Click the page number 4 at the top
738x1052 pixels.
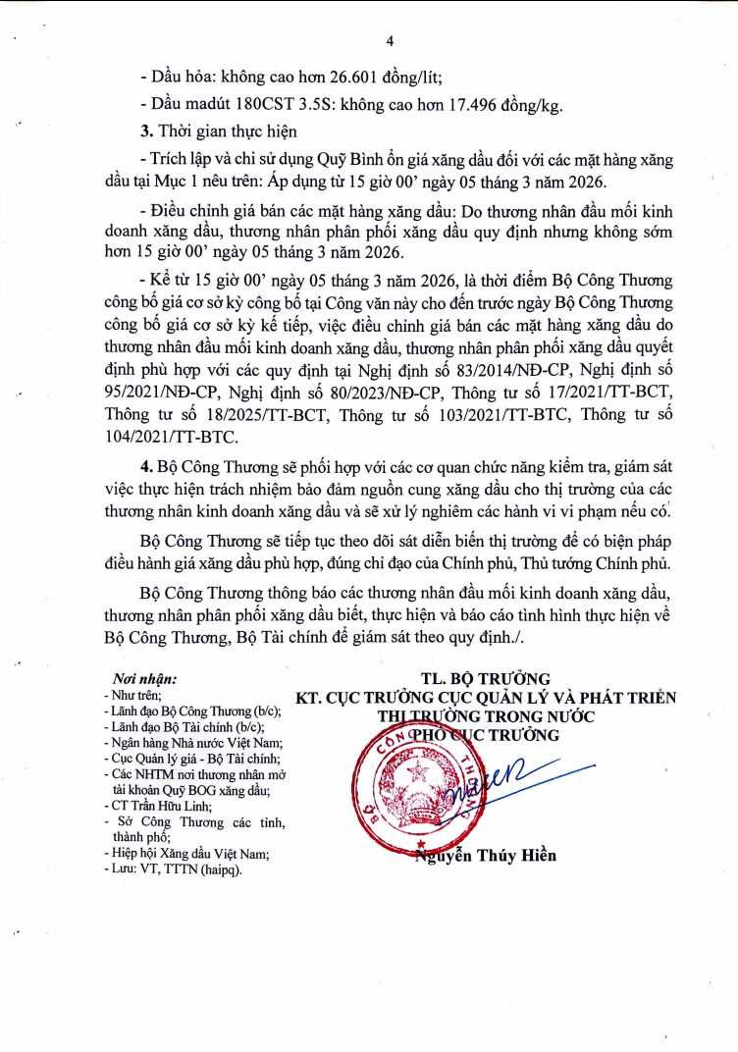[390, 40]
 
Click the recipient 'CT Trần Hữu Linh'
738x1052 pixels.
[163, 806]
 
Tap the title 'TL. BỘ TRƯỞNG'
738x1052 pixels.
[486, 679]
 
